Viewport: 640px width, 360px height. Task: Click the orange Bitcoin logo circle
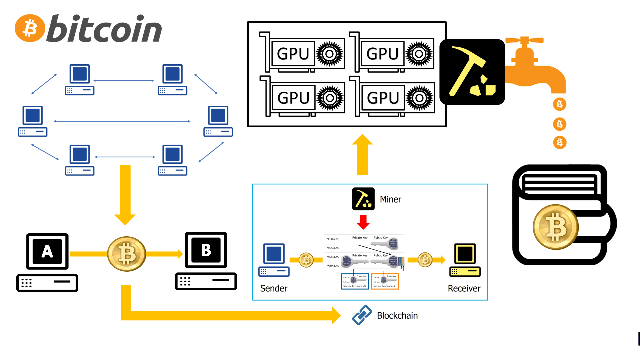tap(30, 28)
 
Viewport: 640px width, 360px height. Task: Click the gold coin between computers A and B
tap(127, 254)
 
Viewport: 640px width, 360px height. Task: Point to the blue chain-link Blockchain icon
tap(362, 315)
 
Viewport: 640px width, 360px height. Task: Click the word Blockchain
tap(397, 316)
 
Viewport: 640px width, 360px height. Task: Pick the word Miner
tap(390, 199)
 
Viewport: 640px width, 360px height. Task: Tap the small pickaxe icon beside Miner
tap(363, 199)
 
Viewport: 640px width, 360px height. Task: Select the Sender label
tap(274, 288)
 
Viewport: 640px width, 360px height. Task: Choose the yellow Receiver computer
tap(465, 260)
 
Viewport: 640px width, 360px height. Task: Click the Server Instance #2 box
tap(355, 281)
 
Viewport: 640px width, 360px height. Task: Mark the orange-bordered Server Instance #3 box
tap(385, 281)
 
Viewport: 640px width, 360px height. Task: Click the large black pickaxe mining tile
tap(472, 72)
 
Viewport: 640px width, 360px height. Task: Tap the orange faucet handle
tap(524, 41)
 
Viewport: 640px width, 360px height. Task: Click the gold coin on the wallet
tap(556, 227)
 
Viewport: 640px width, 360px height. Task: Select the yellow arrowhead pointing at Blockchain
tap(336, 316)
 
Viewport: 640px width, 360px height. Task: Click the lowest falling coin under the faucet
tap(560, 143)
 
